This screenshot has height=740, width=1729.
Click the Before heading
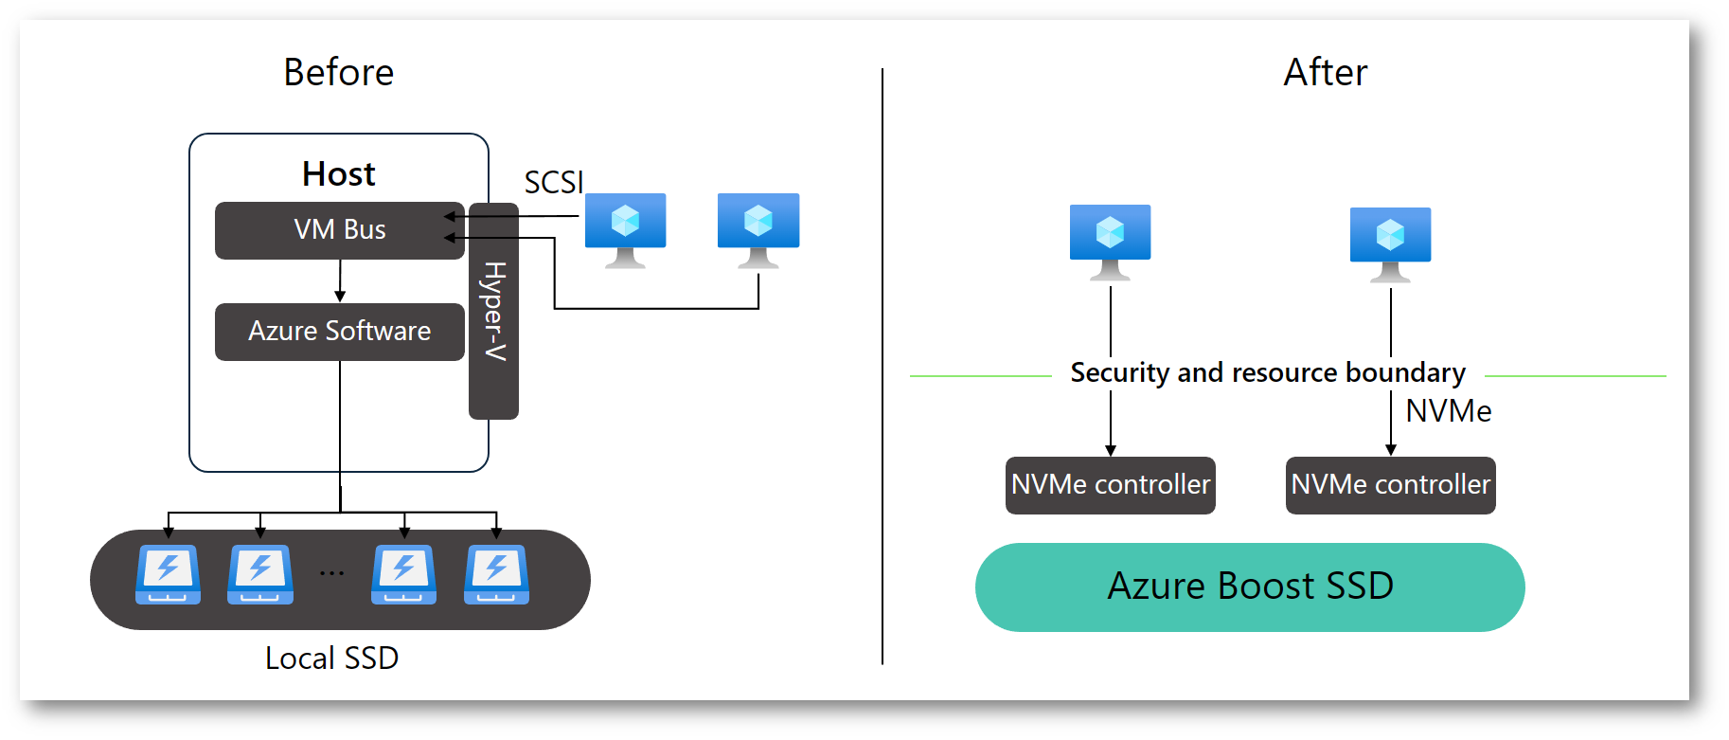tap(338, 73)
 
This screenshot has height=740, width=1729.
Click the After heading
tap(1325, 73)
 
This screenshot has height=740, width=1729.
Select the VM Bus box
tap(339, 230)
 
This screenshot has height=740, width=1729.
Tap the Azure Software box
tap(339, 332)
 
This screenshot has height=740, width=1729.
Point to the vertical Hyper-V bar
tap(493, 311)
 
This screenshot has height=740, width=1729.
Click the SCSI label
tap(554, 182)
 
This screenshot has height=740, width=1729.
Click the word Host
tap(338, 174)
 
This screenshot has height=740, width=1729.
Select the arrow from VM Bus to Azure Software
tap(340, 280)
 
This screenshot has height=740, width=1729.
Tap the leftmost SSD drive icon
tap(168, 574)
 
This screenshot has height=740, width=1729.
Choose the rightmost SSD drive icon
tap(496, 574)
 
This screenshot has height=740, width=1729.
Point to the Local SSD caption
tap(331, 658)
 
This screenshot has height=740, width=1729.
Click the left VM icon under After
tap(1110, 241)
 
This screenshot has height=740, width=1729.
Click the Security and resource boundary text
tap(1268, 373)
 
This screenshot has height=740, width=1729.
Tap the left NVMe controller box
tap(1110, 485)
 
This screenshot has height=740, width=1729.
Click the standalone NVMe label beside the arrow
tap(1448, 411)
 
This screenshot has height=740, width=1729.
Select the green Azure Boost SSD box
tap(1250, 587)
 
